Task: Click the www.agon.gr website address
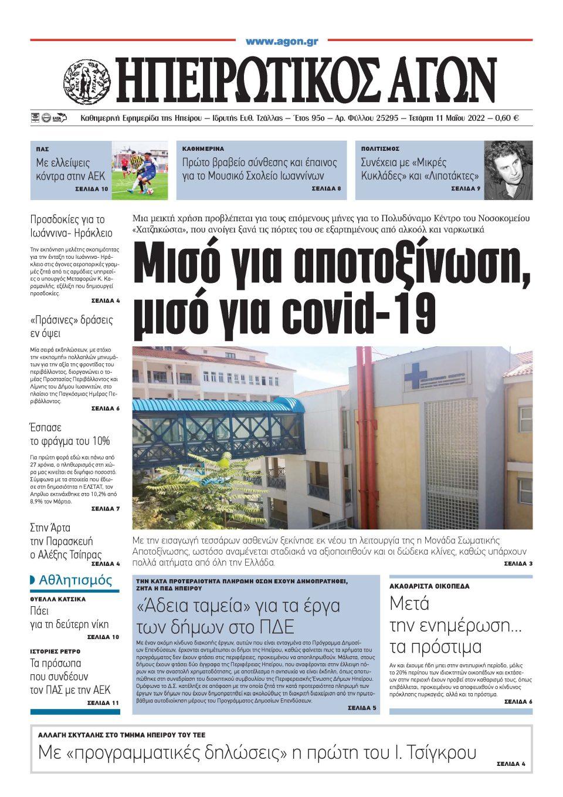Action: pyautogui.click(x=281, y=42)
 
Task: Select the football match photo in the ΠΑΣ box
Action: pyautogui.click(x=140, y=170)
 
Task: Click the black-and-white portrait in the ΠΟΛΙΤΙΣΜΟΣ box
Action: pyautogui.click(x=508, y=170)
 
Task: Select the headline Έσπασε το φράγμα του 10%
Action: pyautogui.click(x=70, y=434)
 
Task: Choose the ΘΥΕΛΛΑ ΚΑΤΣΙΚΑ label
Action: pyautogui.click(x=58, y=599)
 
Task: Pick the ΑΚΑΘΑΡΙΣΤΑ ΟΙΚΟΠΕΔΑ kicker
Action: pyautogui.click(x=429, y=586)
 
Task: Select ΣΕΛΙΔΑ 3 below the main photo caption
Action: pyautogui.click(x=518, y=563)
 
